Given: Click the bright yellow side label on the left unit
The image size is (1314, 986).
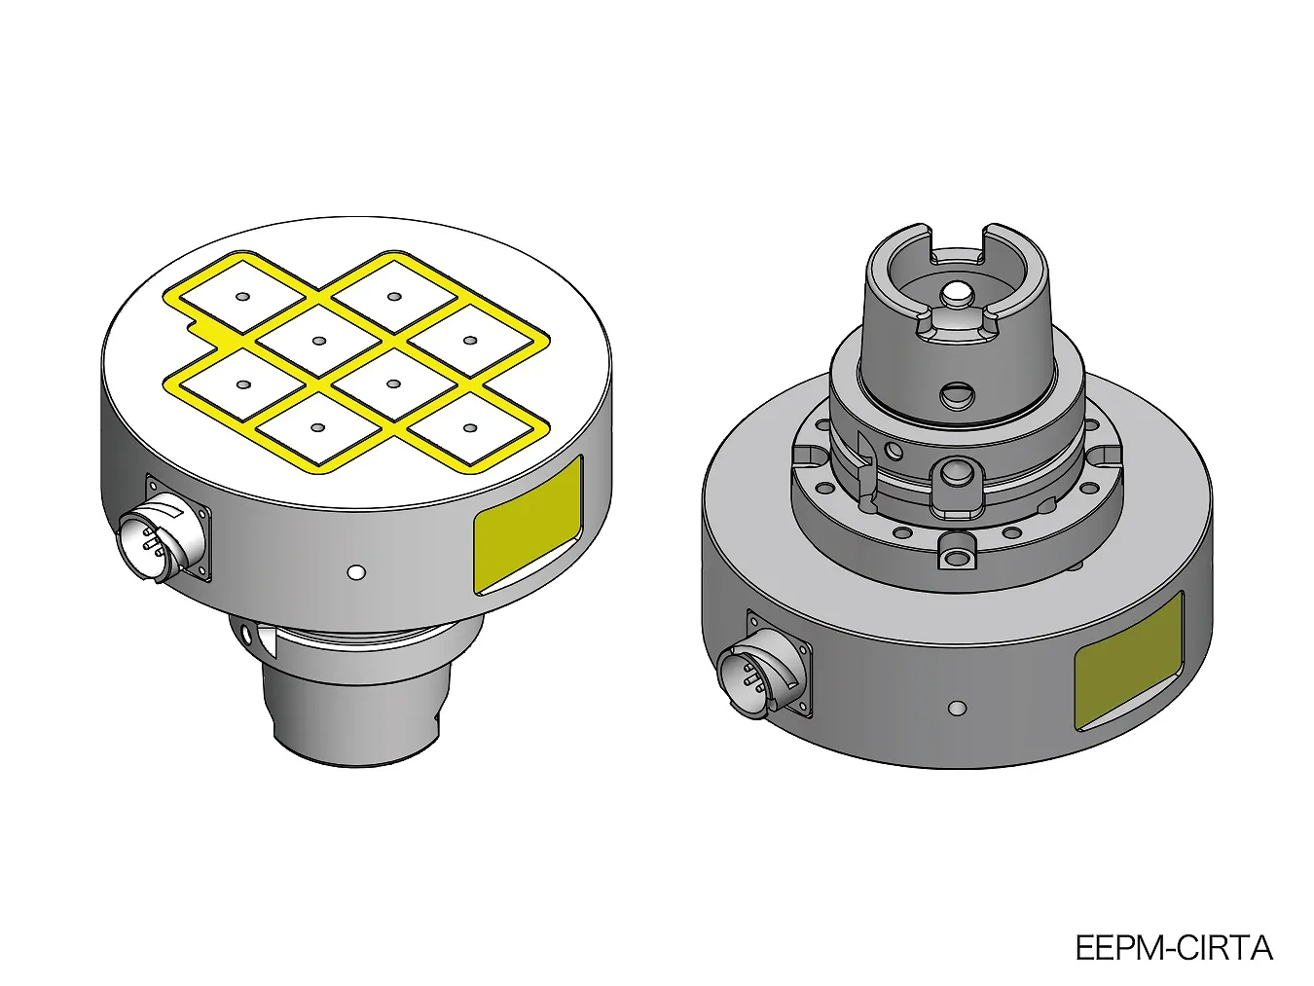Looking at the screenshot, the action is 528,525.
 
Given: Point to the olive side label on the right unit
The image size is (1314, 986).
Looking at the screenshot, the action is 1129,661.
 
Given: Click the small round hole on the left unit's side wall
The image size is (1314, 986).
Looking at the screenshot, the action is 356,572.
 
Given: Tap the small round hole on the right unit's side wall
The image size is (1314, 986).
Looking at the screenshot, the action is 958,709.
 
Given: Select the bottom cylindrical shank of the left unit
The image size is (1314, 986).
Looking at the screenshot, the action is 357,711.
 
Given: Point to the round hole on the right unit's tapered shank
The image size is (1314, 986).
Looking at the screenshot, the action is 958,394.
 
